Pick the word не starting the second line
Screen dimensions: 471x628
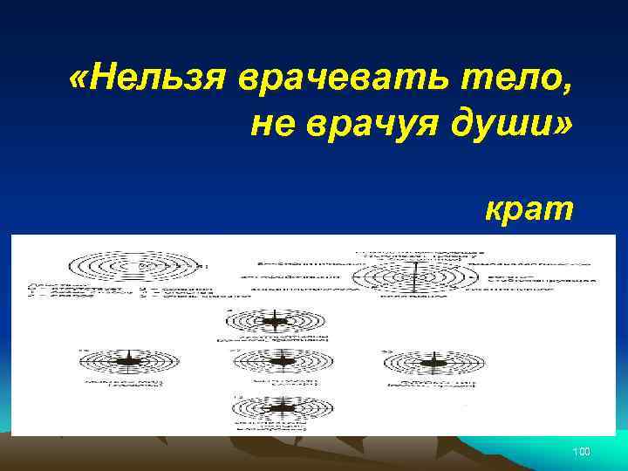271,127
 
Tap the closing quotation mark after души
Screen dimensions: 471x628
565,127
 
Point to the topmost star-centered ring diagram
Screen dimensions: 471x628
276,320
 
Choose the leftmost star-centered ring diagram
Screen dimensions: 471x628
130,360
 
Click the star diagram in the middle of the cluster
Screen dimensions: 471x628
280,360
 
